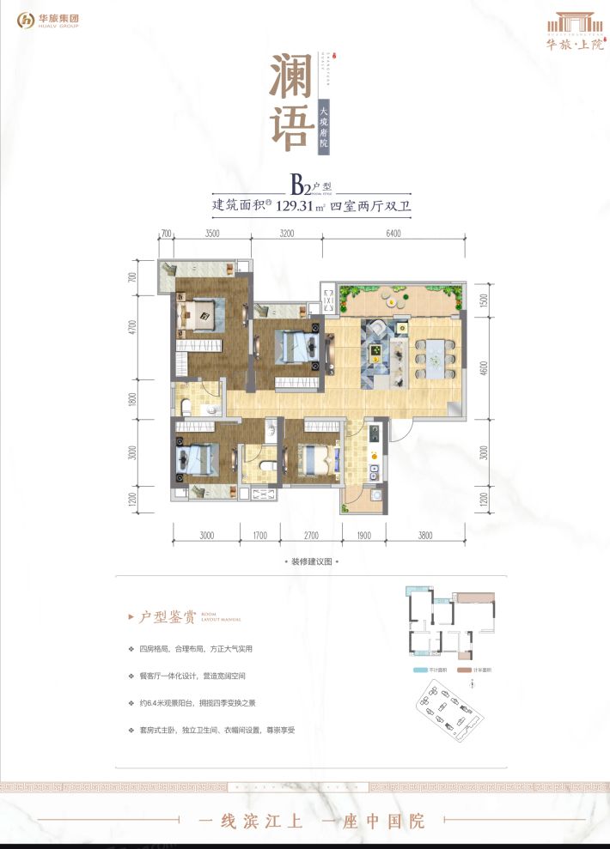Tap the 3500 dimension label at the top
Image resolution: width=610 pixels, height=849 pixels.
(x=213, y=233)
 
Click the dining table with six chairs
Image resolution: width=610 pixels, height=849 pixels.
(x=436, y=354)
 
